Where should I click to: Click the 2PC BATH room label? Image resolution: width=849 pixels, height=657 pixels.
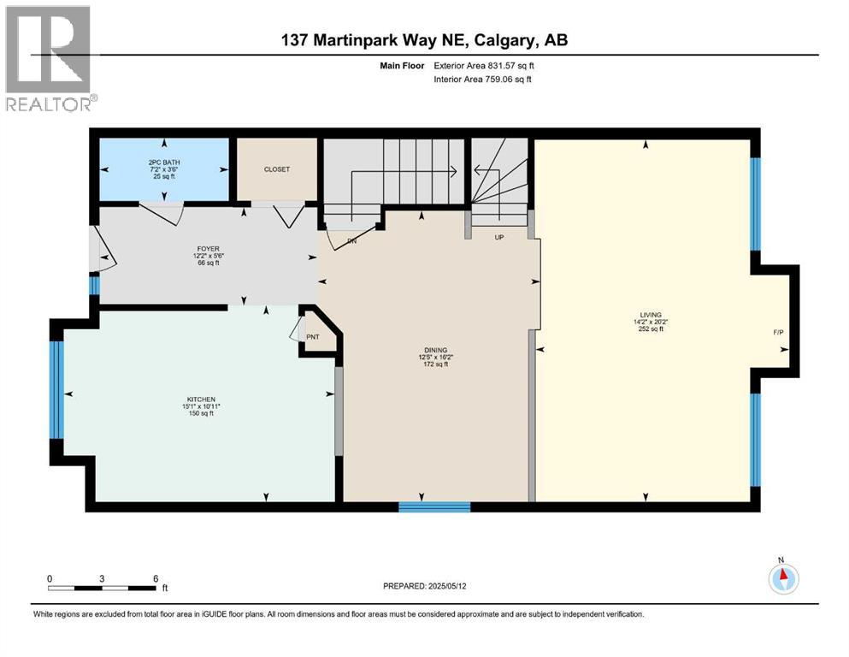coord(164,162)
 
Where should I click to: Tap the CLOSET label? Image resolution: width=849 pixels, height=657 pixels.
coord(276,169)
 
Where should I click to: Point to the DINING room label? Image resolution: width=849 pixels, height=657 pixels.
coord(436,349)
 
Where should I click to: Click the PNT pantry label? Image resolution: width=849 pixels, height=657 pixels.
coord(313,337)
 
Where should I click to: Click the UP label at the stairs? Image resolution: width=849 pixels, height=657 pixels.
coord(499,237)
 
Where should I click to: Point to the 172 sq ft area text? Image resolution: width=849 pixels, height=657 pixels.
coord(436,364)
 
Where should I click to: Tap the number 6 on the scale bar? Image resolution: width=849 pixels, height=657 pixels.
coord(155,578)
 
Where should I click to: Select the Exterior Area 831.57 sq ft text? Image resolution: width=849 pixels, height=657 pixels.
coord(487,65)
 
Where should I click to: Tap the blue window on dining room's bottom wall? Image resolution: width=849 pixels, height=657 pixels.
coord(434,506)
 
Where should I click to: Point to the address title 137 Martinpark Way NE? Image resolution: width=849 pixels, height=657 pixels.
coord(424,40)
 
